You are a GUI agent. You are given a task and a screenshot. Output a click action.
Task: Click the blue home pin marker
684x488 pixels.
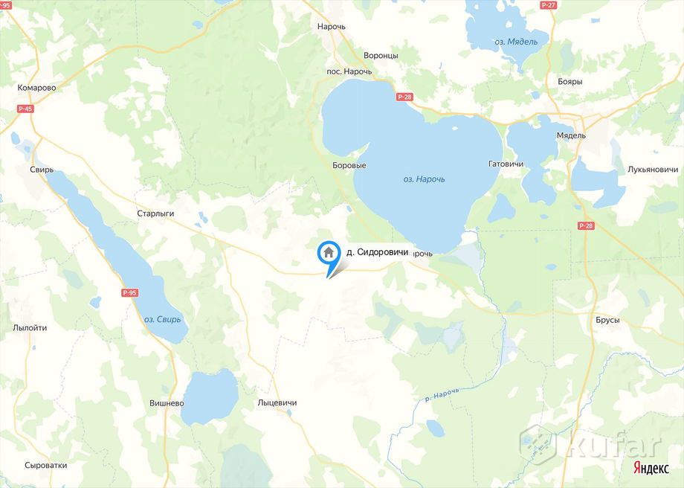pyautogui.click(x=328, y=254)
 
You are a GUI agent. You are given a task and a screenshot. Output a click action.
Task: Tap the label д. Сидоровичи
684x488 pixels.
pyautogui.click(x=378, y=253)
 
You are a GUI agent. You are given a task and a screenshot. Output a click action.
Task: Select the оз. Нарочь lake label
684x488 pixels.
pyautogui.click(x=424, y=179)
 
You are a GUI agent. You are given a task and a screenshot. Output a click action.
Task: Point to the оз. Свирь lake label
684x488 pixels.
pyautogui.click(x=163, y=319)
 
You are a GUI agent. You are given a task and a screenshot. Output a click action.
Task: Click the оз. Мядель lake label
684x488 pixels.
pyautogui.click(x=516, y=42)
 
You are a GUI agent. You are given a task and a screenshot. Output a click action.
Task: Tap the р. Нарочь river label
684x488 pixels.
pyautogui.click(x=445, y=396)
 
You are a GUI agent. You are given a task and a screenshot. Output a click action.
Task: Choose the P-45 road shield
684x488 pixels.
pyautogui.click(x=25, y=109)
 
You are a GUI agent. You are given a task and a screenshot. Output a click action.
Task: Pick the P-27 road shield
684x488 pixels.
pyautogui.click(x=549, y=5)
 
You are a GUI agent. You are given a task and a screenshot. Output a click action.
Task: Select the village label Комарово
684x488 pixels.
pyautogui.click(x=37, y=87)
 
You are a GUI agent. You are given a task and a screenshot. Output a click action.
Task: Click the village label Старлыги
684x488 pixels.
pyautogui.click(x=155, y=213)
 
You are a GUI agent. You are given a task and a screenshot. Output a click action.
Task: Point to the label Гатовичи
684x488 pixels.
pyautogui.click(x=506, y=164)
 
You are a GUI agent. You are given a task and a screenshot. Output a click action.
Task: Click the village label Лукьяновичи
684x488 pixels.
pyautogui.click(x=652, y=169)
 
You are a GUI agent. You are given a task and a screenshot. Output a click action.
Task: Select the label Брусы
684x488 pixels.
pyautogui.click(x=607, y=320)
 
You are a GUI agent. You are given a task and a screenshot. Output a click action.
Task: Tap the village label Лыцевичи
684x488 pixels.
pyautogui.click(x=277, y=402)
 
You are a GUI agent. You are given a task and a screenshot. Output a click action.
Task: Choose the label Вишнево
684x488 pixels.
pyautogui.click(x=166, y=402)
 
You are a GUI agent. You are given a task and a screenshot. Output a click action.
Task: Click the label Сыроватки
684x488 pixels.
pyautogui.click(x=45, y=465)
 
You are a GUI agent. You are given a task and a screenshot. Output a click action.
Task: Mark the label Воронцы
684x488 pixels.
pyautogui.click(x=381, y=56)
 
